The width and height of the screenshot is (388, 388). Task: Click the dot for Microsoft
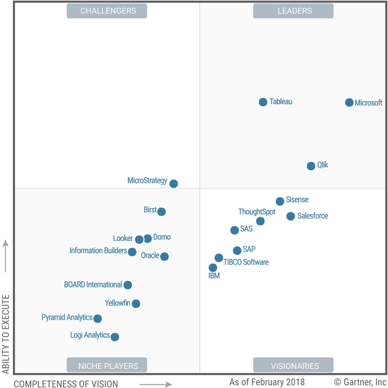coord(349,102)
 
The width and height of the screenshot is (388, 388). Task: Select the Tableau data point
coord(263,102)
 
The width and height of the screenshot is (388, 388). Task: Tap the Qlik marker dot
coord(311,166)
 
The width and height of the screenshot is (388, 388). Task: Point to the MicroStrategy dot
coord(173,184)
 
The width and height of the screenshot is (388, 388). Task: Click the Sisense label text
coord(297,200)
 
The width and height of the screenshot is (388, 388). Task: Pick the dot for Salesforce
coord(291,216)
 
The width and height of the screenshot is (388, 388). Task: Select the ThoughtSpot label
coord(257,212)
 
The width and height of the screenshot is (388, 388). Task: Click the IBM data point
coord(213,268)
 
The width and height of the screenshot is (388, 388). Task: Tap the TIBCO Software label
coord(246,262)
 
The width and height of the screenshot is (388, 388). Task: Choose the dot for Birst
coord(162,211)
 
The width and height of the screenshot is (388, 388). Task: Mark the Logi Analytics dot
coord(115,337)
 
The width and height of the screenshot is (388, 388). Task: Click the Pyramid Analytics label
coord(67,317)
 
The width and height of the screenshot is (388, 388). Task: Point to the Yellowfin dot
coord(136,304)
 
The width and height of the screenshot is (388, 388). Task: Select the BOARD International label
coord(93,285)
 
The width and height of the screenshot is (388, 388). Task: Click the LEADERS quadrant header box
coord(293,11)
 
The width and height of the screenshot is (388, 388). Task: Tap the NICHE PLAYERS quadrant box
coord(107,365)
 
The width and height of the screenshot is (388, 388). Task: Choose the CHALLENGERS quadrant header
coord(107,11)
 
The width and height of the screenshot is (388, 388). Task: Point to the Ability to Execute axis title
coord(6,334)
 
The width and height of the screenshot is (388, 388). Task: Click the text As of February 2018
coord(267,382)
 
